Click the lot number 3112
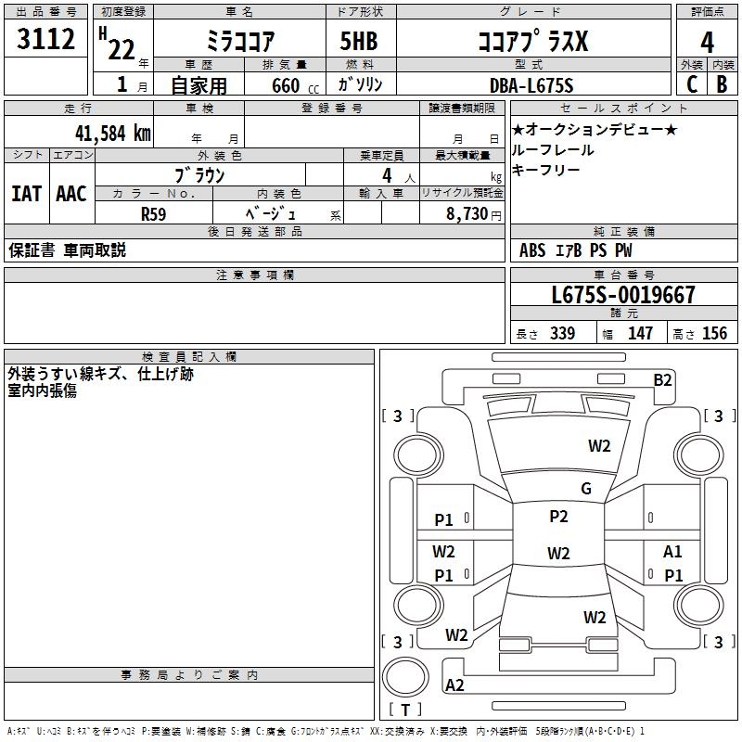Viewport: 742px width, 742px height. (45, 38)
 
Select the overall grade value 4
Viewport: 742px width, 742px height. (707, 42)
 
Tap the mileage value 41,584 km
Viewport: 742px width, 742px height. (113, 133)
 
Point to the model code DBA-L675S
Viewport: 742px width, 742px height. (531, 85)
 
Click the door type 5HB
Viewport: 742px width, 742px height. (359, 41)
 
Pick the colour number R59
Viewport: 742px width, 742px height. (153, 214)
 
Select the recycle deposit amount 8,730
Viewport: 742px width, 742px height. (467, 213)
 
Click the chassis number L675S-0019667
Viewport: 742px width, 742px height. (623, 294)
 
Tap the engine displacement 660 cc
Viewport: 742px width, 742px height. (295, 85)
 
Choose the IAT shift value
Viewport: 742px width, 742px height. (27, 194)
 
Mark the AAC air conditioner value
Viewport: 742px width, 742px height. (71, 194)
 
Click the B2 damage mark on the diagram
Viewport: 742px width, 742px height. (662, 380)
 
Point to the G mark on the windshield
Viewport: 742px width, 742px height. (586, 488)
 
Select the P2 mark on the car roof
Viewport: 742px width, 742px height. (558, 517)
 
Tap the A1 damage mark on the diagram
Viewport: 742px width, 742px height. (672, 551)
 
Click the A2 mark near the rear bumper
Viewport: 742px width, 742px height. (454, 684)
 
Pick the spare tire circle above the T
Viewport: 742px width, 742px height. (405, 677)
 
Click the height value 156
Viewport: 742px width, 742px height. (714, 333)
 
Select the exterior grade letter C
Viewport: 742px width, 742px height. (692, 84)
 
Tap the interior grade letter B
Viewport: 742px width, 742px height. (722, 84)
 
